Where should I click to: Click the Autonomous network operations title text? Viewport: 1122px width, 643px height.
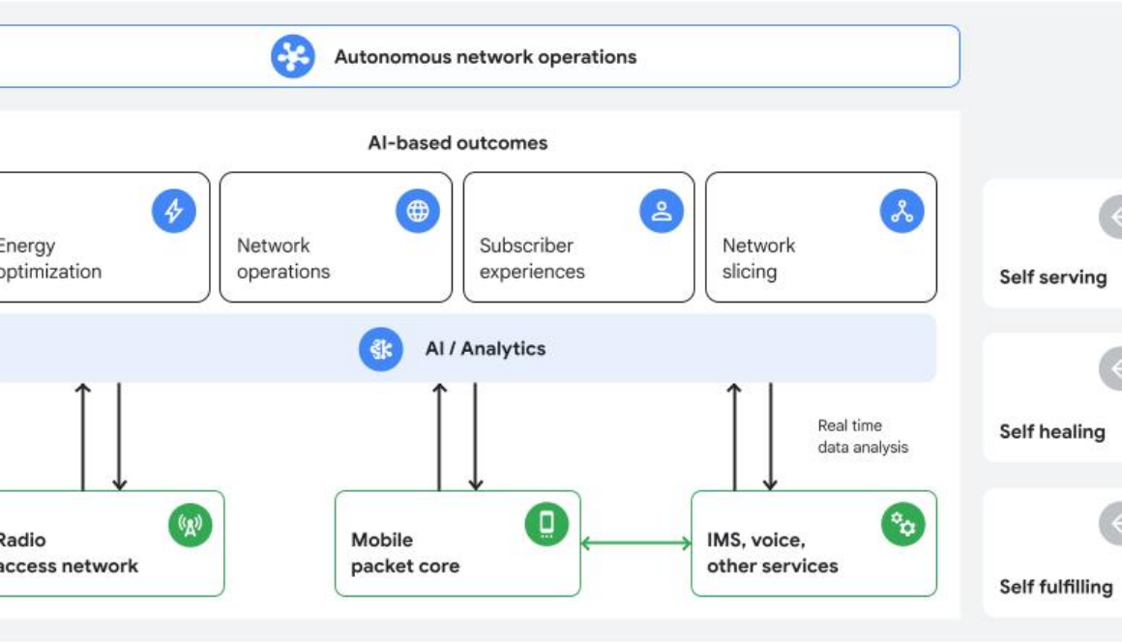[485, 57]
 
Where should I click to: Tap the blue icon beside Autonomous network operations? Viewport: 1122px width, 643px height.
[292, 57]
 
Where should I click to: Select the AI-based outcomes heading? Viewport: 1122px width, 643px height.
[458, 143]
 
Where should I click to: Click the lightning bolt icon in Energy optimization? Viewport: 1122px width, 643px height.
[174, 211]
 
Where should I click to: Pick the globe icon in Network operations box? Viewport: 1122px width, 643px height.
[418, 211]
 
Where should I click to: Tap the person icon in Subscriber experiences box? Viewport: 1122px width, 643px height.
[662, 211]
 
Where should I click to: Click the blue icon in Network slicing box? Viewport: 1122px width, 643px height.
[901, 211]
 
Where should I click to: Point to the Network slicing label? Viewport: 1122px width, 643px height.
[758, 258]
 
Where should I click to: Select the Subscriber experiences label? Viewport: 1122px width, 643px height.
[532, 258]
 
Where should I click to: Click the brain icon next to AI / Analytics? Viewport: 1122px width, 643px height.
[381, 349]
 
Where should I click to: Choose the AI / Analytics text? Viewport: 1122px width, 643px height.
[486, 349]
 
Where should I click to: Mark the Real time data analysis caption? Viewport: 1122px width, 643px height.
[863, 436]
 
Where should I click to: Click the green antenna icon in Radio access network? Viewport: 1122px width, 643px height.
[190, 525]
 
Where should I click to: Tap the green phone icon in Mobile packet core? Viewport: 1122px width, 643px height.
[546, 524]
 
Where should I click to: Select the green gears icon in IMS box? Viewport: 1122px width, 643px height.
[902, 524]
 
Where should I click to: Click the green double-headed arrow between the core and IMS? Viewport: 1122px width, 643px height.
[635, 543]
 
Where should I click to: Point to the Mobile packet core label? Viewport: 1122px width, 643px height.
[405, 553]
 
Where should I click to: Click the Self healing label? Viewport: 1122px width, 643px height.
[1051, 432]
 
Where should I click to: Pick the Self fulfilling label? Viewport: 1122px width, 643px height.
[1055, 587]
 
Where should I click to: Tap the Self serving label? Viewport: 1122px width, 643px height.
[1052, 278]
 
